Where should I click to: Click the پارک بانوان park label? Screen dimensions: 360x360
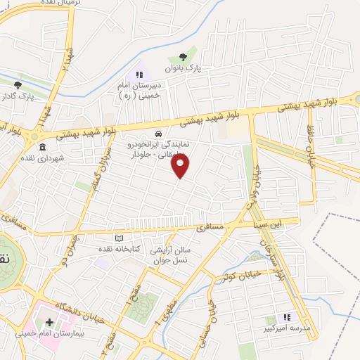pyautogui.click(x=183, y=69)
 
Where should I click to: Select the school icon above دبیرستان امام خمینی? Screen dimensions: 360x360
pyautogui.click(x=139, y=75)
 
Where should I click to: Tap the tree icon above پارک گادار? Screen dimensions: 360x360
pyautogui.click(x=18, y=84)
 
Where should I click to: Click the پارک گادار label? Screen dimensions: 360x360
pyautogui.click(x=18, y=96)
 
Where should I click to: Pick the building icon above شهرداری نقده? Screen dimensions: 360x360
pyautogui.click(x=42, y=147)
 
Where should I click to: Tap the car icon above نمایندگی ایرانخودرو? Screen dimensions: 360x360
pyautogui.click(x=159, y=133)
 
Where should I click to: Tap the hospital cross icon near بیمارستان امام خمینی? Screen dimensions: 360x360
pyautogui.click(x=49, y=322)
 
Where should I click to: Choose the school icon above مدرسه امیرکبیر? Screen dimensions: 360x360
pyautogui.click(x=288, y=317)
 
